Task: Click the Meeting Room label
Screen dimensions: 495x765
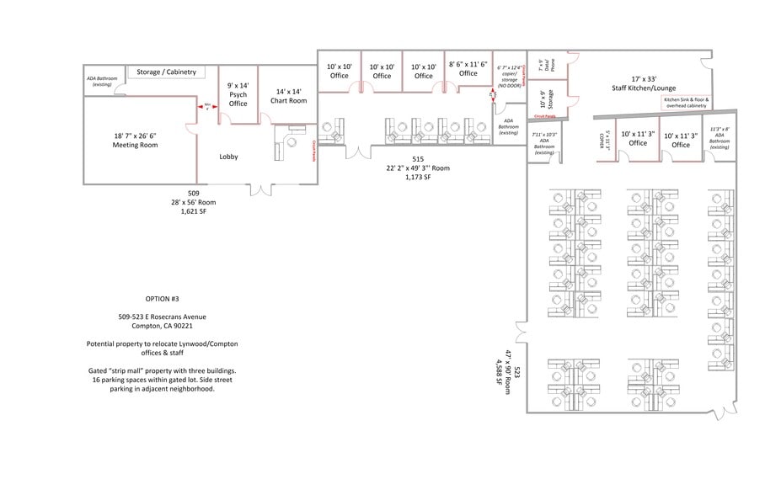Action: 136,140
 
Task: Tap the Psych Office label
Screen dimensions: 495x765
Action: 238,94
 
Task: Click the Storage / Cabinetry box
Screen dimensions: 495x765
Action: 166,72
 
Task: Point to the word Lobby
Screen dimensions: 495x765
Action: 229,157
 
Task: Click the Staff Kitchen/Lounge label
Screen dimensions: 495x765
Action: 643,82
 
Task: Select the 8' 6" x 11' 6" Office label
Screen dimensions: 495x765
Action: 468,68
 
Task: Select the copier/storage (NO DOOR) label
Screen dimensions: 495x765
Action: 509,77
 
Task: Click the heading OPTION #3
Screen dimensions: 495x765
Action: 162,299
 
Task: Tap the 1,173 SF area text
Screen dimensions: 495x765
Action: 417,178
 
